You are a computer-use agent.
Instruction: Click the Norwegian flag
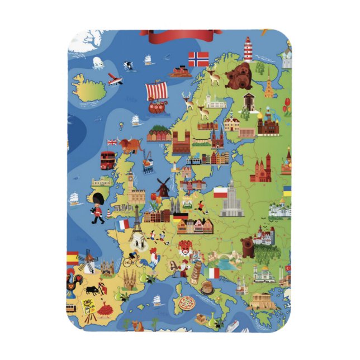198,59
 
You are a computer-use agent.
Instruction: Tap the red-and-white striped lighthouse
248,49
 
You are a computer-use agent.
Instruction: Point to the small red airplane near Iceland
115,79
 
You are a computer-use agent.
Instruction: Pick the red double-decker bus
108,160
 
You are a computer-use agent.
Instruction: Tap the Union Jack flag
112,142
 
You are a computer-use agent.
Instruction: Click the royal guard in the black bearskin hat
98,206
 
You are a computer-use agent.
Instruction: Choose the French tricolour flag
124,225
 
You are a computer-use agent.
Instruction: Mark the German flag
180,217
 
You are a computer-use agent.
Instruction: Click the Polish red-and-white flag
221,193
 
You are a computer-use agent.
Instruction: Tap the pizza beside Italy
186,305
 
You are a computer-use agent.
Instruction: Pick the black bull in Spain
92,290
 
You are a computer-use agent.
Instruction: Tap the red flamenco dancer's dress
105,307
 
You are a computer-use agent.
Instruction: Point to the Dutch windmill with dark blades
163,187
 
